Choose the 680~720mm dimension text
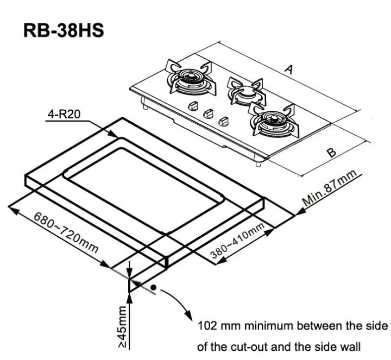pos(66,233)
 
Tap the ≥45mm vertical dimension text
pos(122,326)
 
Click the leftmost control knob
pos(192,106)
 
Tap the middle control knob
pos(207,115)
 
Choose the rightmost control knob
pos(223,122)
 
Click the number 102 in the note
pos(210,327)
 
